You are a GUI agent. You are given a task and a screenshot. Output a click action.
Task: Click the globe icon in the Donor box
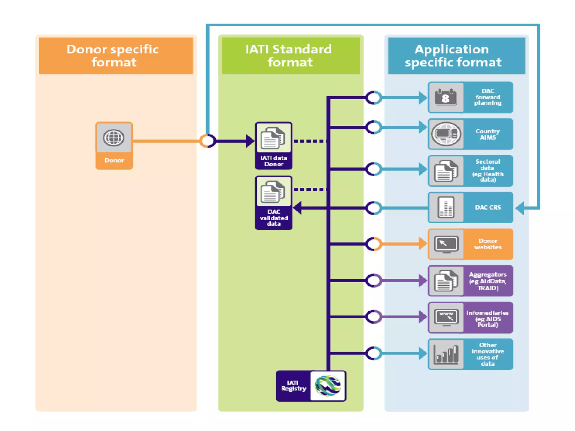[113, 138]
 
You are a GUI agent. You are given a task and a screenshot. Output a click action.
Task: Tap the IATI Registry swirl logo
[328, 386]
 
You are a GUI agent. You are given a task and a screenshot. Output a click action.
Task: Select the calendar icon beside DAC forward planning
[446, 97]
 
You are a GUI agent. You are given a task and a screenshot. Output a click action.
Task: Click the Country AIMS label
[487, 134]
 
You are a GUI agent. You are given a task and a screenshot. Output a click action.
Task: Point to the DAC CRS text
[488, 207]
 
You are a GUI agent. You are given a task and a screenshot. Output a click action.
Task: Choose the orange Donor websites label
[488, 244]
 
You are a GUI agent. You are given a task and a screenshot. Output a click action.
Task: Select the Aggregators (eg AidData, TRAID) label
[488, 281]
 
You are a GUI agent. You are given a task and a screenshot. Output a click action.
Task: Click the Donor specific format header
[113, 56]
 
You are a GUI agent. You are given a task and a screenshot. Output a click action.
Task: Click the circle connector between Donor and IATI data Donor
[208, 141]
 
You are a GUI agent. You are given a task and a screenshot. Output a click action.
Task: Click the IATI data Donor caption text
[274, 161]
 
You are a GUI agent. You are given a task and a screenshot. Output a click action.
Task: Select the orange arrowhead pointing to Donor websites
[422, 244]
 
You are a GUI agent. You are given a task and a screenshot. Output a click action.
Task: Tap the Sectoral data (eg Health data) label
[488, 171]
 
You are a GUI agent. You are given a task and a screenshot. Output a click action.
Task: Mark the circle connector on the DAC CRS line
[374, 208]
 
